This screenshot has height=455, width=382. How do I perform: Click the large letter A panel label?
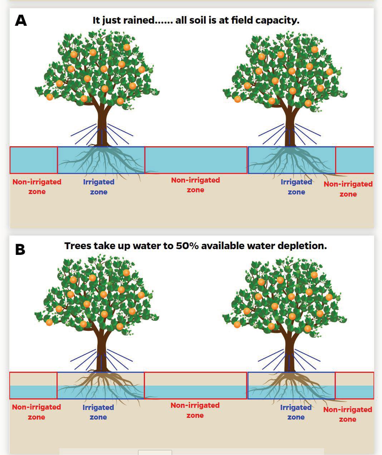21,20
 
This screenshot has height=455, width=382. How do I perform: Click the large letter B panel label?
20,250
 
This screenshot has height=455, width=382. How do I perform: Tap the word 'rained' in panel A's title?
139,20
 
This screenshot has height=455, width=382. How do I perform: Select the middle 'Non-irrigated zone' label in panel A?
196,185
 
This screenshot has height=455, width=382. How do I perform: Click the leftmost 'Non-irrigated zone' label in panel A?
37,187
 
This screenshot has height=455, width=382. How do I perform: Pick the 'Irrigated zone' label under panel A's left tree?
99,187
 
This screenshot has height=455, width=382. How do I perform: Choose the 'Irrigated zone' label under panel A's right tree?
297,187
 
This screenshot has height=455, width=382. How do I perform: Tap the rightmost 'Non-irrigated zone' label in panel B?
348,415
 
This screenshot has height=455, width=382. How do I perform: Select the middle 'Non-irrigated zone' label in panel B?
195,410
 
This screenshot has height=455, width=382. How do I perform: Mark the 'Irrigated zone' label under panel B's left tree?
98,412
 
